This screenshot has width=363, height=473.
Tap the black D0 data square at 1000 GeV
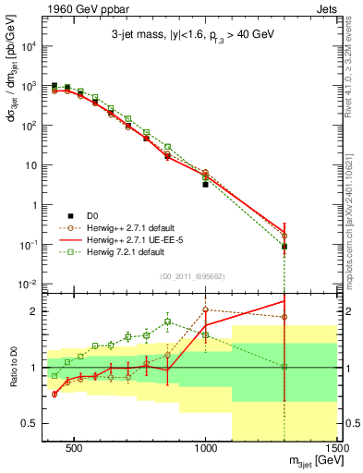pyautogui.click(x=206, y=185)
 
